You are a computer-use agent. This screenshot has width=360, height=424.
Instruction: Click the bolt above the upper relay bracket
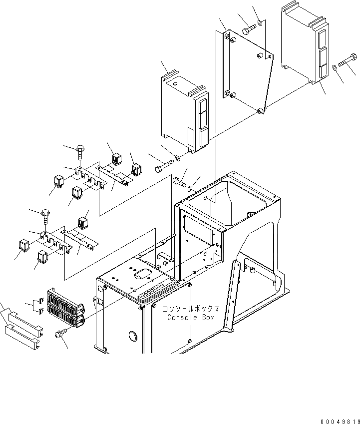pyautogui.click(x=80, y=149)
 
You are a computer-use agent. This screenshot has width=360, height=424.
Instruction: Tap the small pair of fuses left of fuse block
pyautogui.click(x=37, y=306)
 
